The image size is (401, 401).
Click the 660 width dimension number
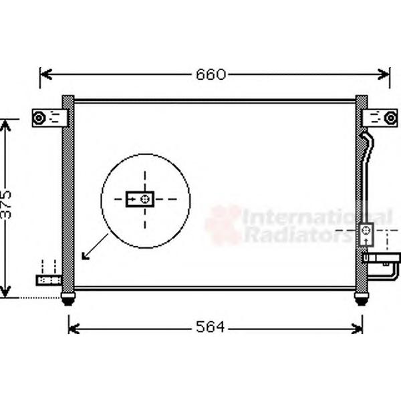pos(211,74)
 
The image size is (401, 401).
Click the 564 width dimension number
pos(211,327)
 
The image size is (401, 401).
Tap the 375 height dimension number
pos(6,205)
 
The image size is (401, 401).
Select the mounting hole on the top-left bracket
pos(39,118)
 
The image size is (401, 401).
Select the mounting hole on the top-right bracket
pos(390,118)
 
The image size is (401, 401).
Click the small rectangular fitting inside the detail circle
pos(140,199)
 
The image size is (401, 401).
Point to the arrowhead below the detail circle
pos(85,256)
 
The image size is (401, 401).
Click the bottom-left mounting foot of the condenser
pos(68,299)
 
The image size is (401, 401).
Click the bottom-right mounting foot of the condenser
pos(362,299)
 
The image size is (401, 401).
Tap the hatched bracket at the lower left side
pos(49,280)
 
